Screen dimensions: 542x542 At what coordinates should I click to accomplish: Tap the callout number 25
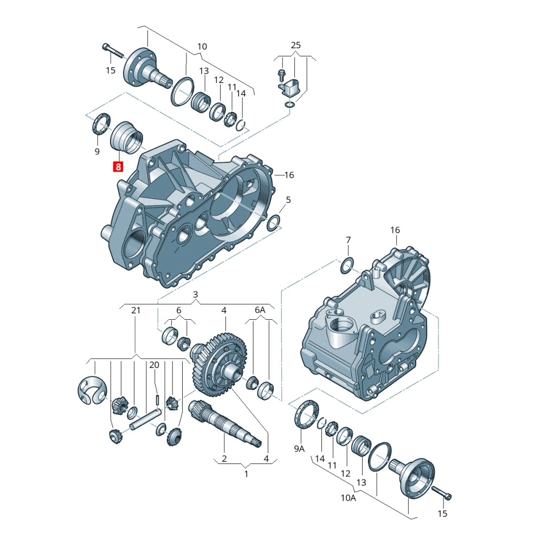(295, 46)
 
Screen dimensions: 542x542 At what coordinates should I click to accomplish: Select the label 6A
(260, 309)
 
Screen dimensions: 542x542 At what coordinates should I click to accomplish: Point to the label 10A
(348, 498)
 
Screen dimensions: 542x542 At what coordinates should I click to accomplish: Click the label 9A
(299, 449)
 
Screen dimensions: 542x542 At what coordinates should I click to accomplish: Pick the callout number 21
(136, 311)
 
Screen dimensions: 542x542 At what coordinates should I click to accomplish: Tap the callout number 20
(154, 365)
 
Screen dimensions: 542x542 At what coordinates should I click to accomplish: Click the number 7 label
(348, 240)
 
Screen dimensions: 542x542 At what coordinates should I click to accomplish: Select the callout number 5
(288, 200)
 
